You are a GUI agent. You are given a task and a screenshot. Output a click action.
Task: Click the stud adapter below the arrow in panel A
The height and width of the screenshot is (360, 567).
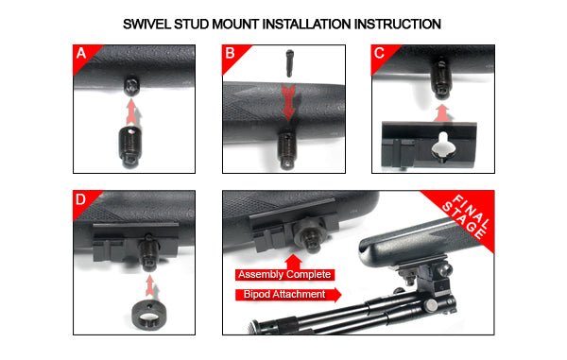[x=133, y=149]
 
